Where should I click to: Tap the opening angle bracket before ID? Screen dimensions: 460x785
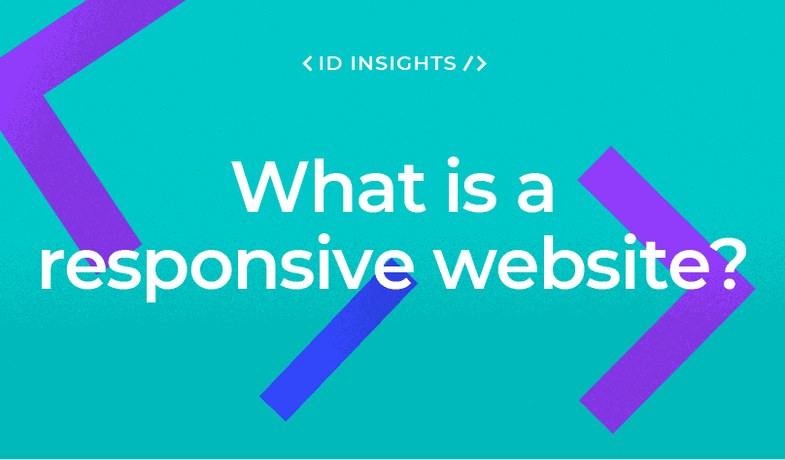(x=308, y=64)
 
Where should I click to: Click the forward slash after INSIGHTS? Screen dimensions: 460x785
(x=467, y=64)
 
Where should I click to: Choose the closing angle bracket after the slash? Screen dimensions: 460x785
(x=481, y=64)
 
